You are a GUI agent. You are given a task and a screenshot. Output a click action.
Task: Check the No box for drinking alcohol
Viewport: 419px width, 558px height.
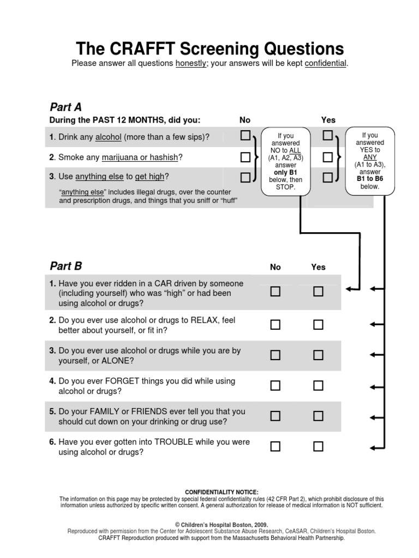[246, 135]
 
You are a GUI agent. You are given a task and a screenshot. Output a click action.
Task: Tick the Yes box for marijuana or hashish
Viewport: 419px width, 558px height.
[327, 157]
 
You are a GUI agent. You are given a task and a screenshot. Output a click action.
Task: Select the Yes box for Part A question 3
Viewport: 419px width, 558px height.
[327, 177]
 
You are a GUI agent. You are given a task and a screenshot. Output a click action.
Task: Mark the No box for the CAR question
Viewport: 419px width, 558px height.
[276, 292]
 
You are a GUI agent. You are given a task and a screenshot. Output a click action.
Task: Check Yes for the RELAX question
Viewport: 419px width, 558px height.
[318, 325]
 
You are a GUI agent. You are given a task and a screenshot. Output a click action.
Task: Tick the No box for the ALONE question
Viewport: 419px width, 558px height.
[276, 355]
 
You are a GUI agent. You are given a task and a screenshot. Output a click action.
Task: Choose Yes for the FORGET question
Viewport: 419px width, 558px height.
[318, 386]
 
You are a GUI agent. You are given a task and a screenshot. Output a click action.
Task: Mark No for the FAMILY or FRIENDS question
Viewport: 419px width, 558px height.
[276, 416]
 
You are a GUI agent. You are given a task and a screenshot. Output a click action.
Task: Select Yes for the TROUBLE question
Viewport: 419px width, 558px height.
[318, 447]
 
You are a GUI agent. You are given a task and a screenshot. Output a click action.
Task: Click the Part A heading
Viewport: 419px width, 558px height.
[65, 106]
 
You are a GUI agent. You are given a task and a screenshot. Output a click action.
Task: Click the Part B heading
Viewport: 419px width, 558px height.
[65, 266]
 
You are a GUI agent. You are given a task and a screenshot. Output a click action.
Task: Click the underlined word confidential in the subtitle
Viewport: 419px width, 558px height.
[325, 64]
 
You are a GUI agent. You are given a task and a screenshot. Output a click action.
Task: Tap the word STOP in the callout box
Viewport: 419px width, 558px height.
[285, 187]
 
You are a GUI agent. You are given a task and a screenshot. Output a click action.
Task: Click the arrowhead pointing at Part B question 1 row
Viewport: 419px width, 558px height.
[349, 288]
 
